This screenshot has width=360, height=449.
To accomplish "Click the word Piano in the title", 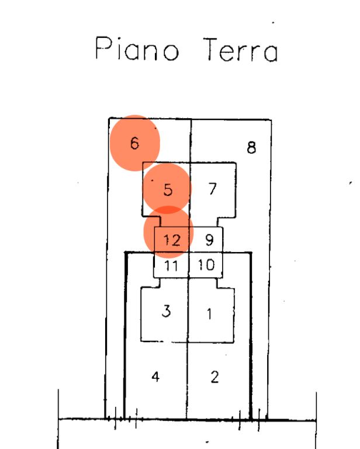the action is (x=137, y=48).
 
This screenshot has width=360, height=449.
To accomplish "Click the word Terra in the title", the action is (x=240, y=50).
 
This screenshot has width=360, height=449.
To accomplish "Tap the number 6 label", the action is (x=134, y=143).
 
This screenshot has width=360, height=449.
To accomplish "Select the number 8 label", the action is (x=251, y=148).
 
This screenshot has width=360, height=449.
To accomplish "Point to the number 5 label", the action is (x=168, y=189).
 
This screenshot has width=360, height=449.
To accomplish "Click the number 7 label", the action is (x=212, y=189).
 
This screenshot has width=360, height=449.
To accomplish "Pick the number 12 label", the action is (x=172, y=240).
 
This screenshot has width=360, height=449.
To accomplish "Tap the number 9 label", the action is (x=209, y=240).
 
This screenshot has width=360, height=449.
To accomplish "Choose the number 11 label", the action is (x=171, y=265).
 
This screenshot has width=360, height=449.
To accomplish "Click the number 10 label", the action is (x=206, y=265).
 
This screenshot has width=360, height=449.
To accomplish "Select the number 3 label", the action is (x=166, y=311).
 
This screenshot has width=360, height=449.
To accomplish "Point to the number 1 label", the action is (x=209, y=313).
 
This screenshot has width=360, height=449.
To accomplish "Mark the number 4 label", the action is (x=155, y=377).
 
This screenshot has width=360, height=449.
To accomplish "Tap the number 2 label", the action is (x=215, y=377).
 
